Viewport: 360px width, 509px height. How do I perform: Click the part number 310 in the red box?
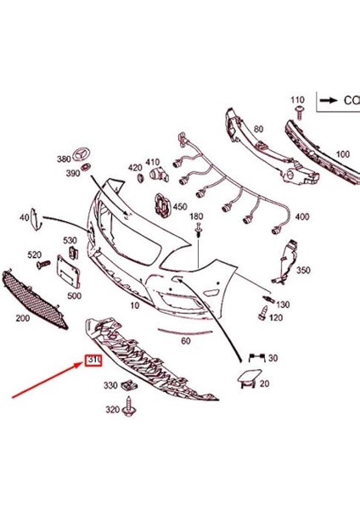pyautogui.click(x=93, y=361)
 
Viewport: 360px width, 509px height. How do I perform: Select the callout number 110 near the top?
pyautogui.click(x=297, y=100)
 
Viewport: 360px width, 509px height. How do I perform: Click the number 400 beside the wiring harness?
pyautogui.click(x=302, y=217)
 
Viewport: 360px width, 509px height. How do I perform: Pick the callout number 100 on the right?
pyautogui.click(x=342, y=154)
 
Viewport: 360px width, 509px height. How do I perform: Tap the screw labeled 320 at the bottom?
pyautogui.click(x=131, y=411)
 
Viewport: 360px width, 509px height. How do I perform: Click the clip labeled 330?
pyautogui.click(x=130, y=386)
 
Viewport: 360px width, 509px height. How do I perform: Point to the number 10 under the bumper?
pyautogui.click(x=134, y=304)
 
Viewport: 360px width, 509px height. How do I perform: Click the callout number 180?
pyautogui.click(x=197, y=217)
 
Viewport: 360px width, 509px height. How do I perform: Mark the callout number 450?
pyautogui.click(x=180, y=206)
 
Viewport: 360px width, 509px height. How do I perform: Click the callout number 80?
pyautogui.click(x=257, y=130)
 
